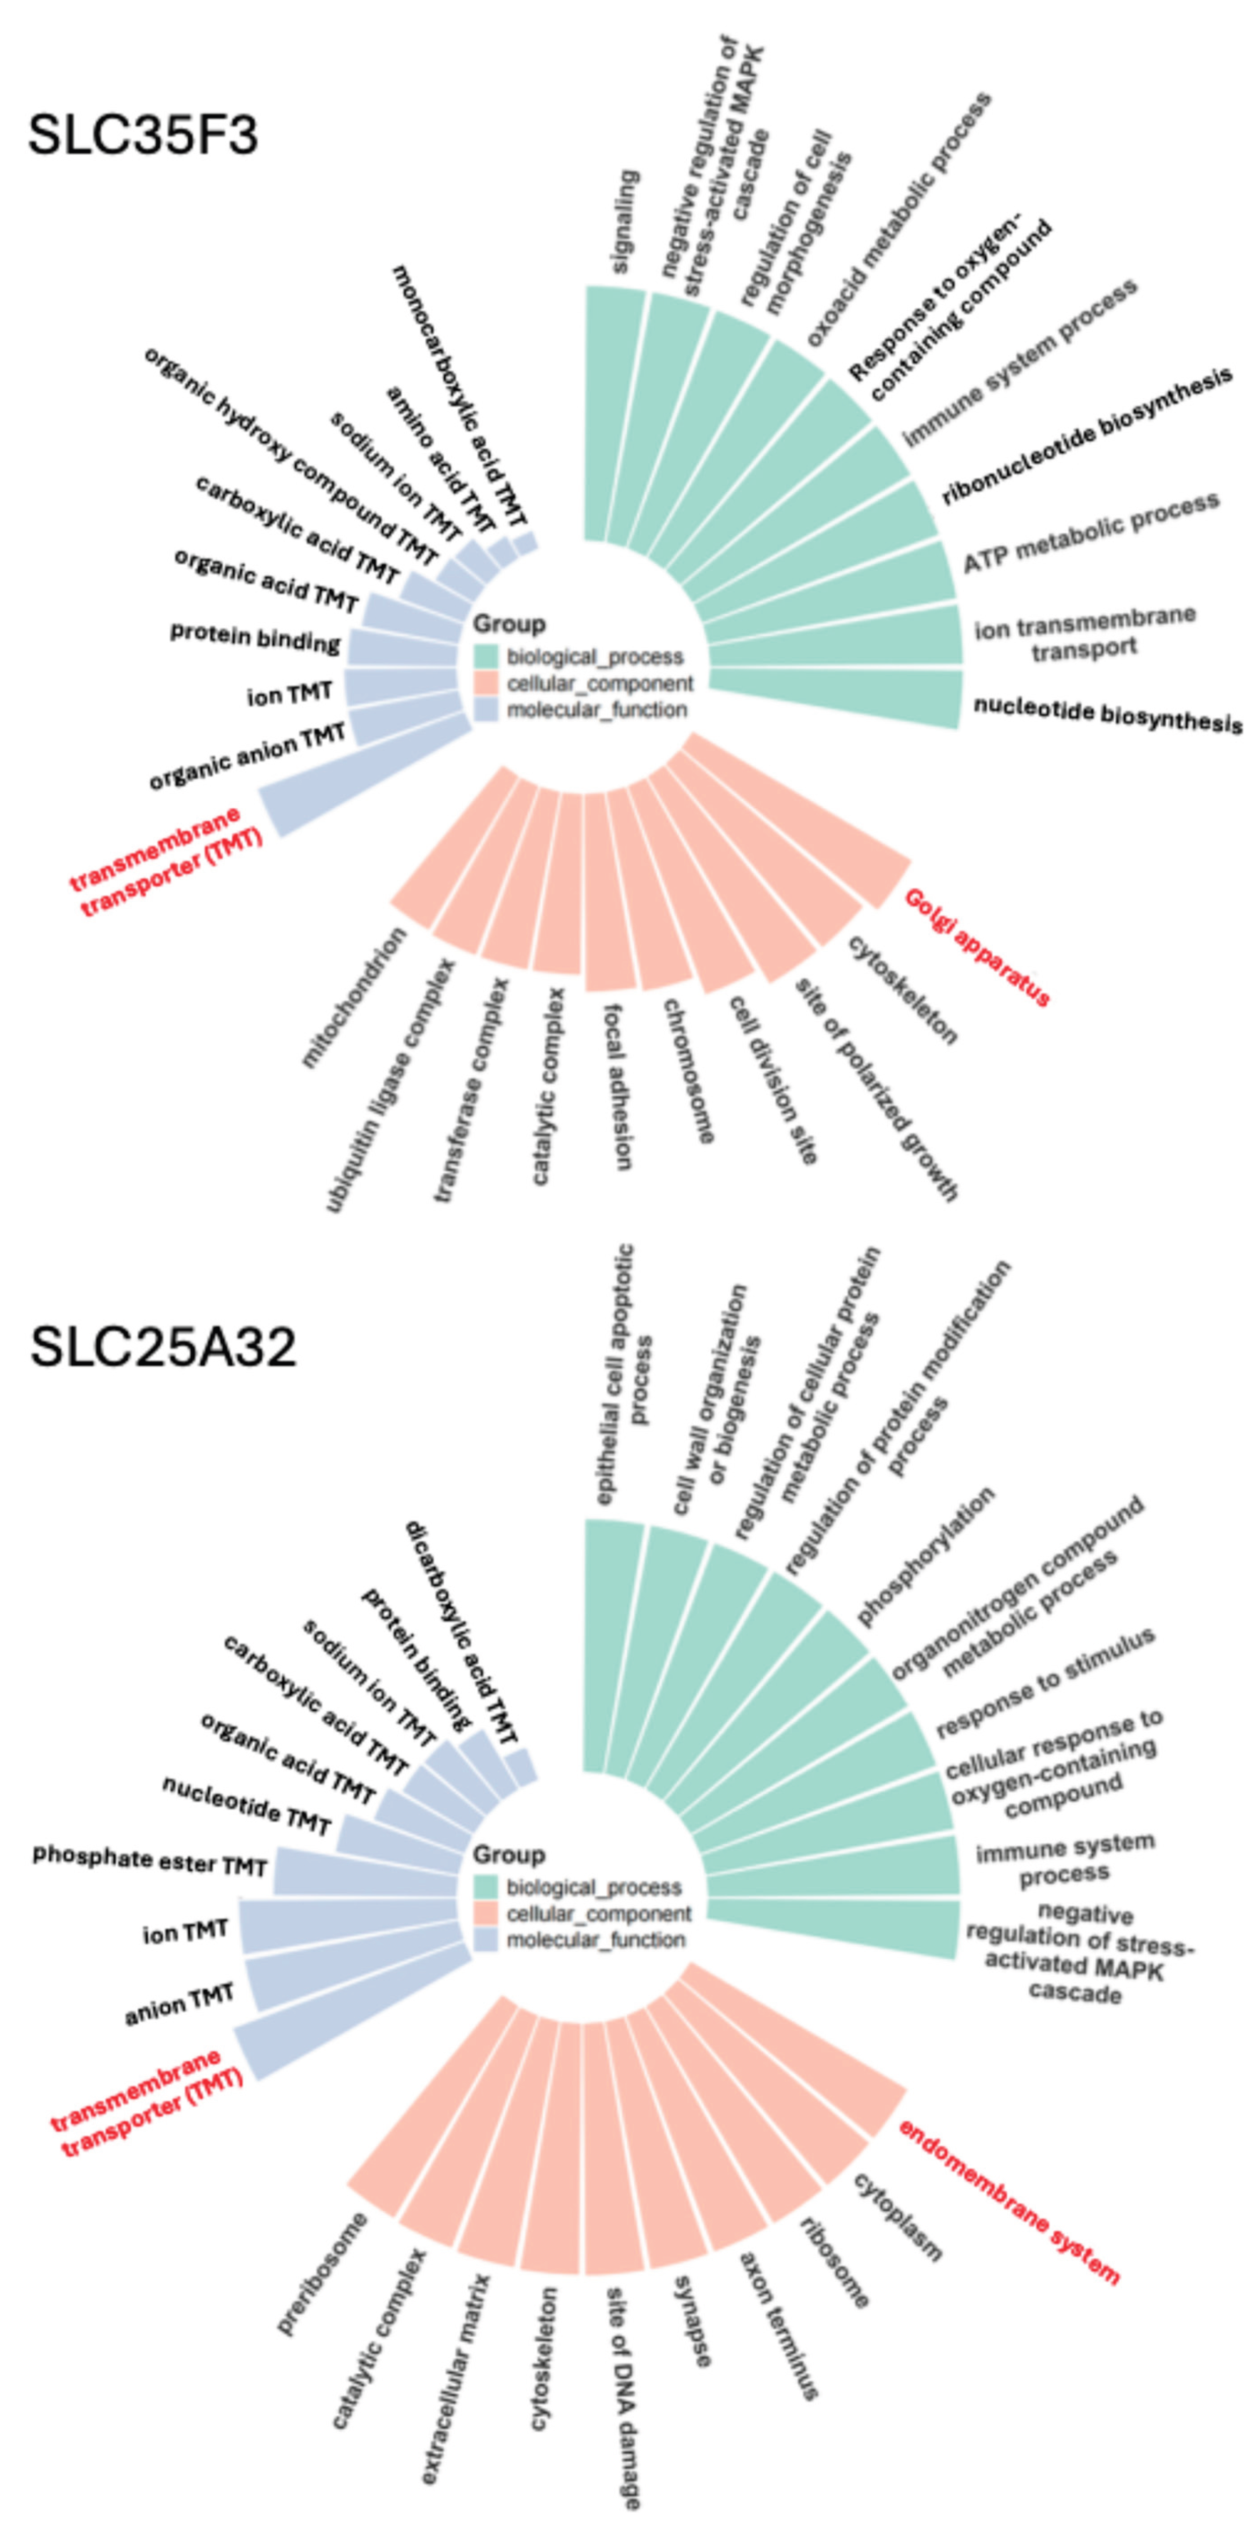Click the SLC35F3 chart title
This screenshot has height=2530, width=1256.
[x=143, y=134]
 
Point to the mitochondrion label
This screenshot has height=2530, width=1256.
[x=354, y=997]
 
